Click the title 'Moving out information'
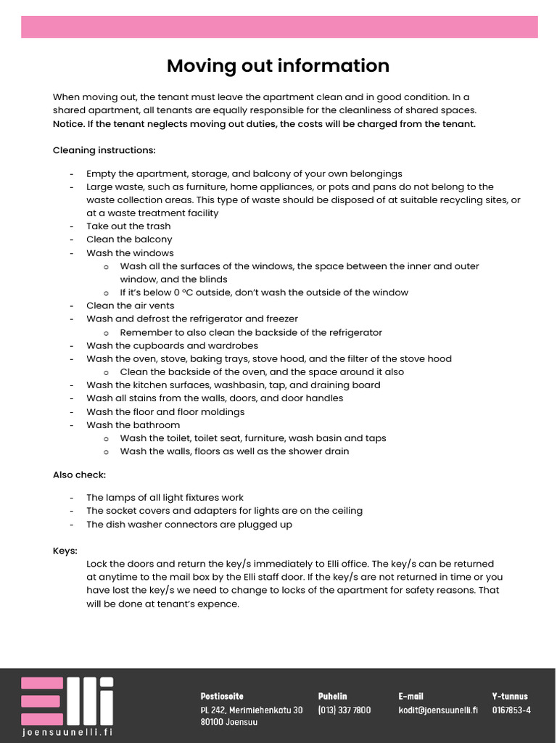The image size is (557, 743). [278, 66]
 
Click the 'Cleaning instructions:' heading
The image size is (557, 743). [104, 150]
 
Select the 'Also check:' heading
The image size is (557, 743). [79, 475]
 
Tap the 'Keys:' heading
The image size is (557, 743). [65, 550]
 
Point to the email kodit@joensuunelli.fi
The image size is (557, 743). [437, 710]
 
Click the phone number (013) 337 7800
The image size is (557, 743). [344, 710]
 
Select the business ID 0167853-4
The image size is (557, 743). [511, 710]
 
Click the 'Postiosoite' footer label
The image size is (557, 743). [222, 696]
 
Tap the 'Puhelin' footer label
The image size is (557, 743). [332, 696]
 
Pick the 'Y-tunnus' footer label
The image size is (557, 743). [510, 696]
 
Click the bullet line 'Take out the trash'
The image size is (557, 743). [128, 226]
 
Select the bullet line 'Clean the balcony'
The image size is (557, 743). [129, 239]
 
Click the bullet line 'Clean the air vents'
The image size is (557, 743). [130, 305]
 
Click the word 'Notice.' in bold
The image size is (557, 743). [68, 124]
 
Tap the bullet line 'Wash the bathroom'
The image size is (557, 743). [133, 424]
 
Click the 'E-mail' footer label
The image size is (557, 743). [410, 696]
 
